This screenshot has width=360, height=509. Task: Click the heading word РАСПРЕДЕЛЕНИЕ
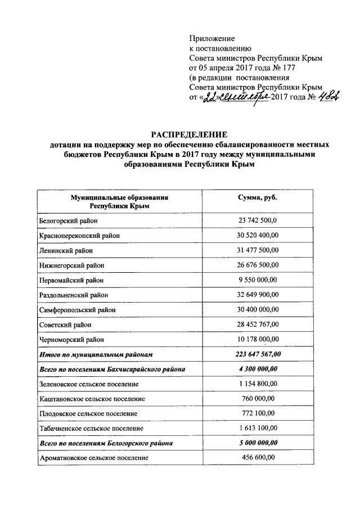point(188,134)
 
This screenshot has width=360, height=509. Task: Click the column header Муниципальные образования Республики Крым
point(119,202)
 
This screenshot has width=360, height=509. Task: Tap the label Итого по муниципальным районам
point(96,355)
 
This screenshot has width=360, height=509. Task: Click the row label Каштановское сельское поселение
point(92,399)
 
